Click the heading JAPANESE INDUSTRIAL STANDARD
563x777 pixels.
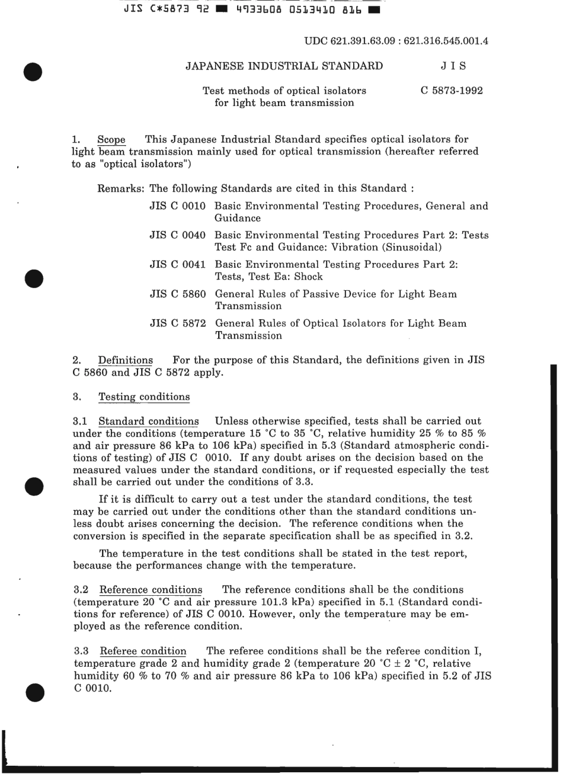(284, 66)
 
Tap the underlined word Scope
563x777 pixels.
(111, 140)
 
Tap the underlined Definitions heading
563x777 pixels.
(125, 360)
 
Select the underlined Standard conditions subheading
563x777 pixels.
(148, 422)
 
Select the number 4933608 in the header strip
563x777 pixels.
(263, 10)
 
